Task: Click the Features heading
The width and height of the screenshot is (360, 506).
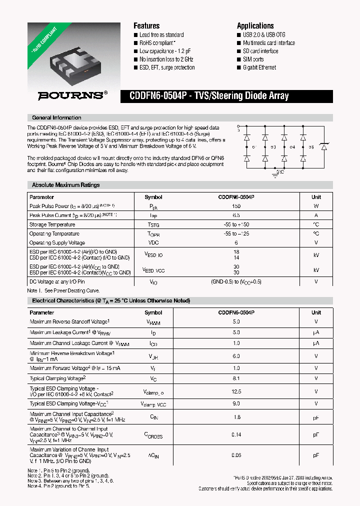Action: (146, 25)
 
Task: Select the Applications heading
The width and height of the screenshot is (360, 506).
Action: (255, 25)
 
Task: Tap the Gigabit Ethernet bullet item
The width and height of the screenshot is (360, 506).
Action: (259, 67)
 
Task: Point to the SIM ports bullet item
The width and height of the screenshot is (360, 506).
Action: (253, 59)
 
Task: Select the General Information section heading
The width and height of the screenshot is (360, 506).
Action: (56, 117)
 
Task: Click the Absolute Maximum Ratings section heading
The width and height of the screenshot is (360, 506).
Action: (65, 185)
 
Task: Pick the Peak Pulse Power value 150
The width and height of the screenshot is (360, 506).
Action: (236, 206)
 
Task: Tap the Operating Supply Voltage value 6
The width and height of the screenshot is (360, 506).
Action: (236, 243)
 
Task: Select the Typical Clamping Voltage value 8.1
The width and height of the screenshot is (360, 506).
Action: (236, 378)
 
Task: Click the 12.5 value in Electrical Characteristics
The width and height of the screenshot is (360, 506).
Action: (236, 392)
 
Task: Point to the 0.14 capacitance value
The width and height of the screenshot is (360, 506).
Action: (236, 435)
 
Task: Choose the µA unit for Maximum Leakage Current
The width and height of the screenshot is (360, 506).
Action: (316, 332)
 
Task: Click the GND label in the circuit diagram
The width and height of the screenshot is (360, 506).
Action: (280, 171)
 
